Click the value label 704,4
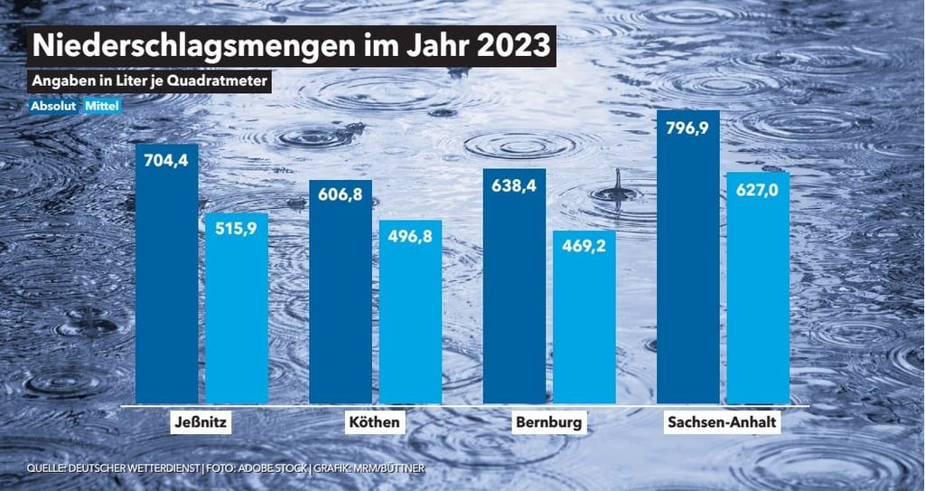coord(166,162)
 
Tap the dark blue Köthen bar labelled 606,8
coord(341,298)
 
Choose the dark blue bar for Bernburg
coord(514,289)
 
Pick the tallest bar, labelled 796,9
coord(688,262)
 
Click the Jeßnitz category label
coord(201,423)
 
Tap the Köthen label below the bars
coord(375,423)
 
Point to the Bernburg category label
coord(549,423)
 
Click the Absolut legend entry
coord(53,106)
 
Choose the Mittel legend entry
coord(102,106)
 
